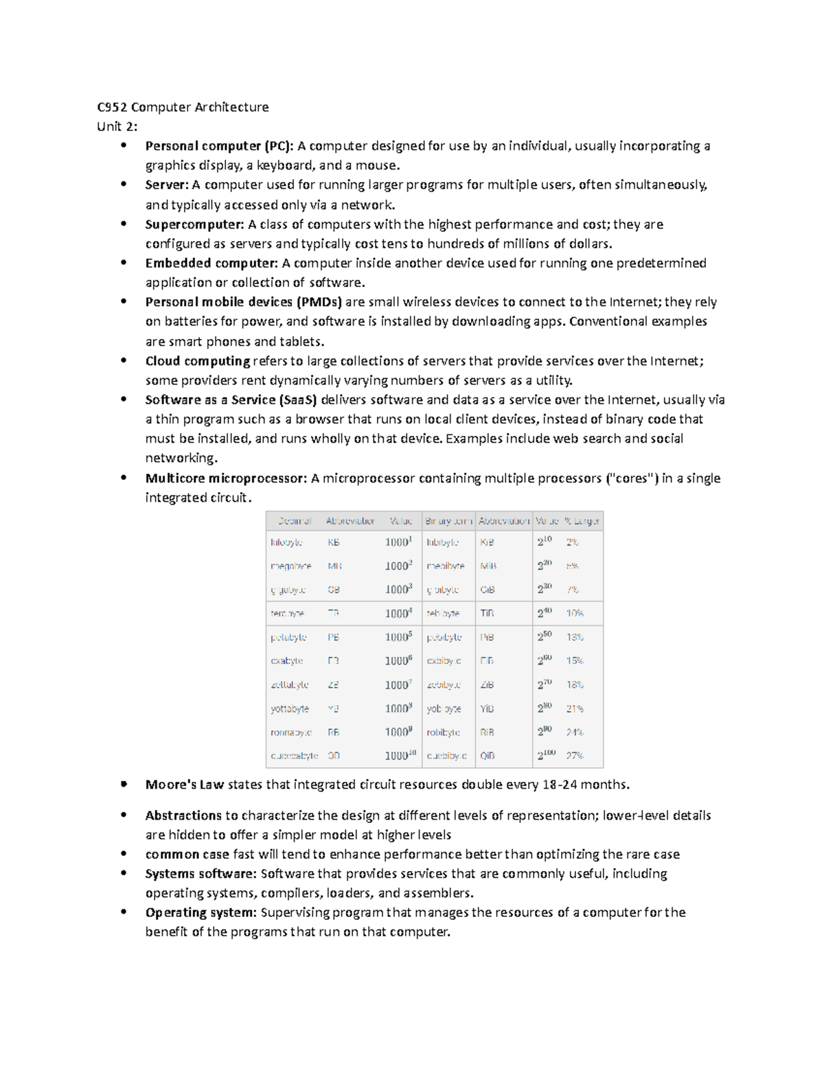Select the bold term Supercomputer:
[194, 224]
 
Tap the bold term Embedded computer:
[211, 264]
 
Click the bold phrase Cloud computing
[198, 361]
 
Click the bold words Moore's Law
[184, 785]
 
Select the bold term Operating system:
[201, 912]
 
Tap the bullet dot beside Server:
[124, 185]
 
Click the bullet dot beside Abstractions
[124, 815]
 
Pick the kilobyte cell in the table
[286, 542]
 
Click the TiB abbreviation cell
[487, 614]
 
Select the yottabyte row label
[290, 708]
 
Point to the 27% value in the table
[575, 756]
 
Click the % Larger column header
[582, 521]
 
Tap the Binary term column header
[448, 521]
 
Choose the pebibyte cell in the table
[444, 638]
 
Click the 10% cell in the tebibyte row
[575, 614]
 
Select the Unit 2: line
[117, 126]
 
